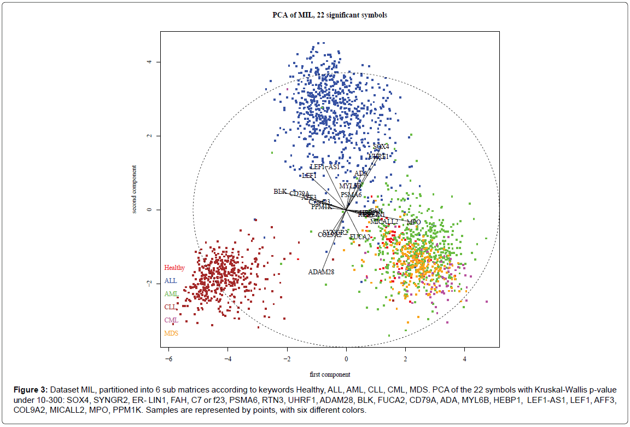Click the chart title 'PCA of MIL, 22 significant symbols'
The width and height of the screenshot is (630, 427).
pyautogui.click(x=330, y=15)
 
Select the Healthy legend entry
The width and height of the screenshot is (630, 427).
pyautogui.click(x=174, y=268)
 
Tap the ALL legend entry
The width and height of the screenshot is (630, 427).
pyautogui.click(x=171, y=281)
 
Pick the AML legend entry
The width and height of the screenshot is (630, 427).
pyautogui.click(x=171, y=294)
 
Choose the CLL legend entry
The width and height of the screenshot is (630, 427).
pyautogui.click(x=171, y=307)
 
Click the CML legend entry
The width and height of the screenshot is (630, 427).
pyautogui.click(x=171, y=320)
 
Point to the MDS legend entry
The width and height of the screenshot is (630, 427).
pyautogui.click(x=171, y=333)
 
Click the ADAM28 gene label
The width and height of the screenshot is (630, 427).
pyautogui.click(x=321, y=272)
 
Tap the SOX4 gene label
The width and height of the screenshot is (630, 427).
pyautogui.click(x=381, y=147)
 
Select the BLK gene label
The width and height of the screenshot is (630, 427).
pyautogui.click(x=280, y=192)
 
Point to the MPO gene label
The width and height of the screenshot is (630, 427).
pyautogui.click(x=413, y=222)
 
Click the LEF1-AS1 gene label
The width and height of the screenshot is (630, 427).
pyautogui.click(x=325, y=166)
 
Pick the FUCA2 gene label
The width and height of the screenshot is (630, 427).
pyautogui.click(x=360, y=237)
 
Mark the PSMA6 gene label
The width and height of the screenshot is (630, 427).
pyautogui.click(x=351, y=194)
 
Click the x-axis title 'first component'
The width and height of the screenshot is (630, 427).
pyautogui.click(x=330, y=374)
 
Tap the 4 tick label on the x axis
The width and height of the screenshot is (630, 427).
pyautogui.click(x=464, y=359)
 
